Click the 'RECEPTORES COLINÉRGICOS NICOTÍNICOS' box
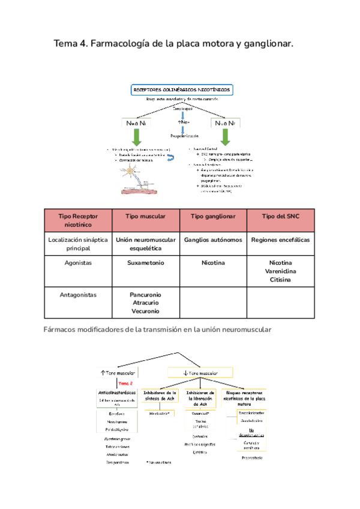(180, 89)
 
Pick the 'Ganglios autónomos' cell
(213, 239)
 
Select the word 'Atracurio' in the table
(146, 303)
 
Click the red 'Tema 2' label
(126, 383)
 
